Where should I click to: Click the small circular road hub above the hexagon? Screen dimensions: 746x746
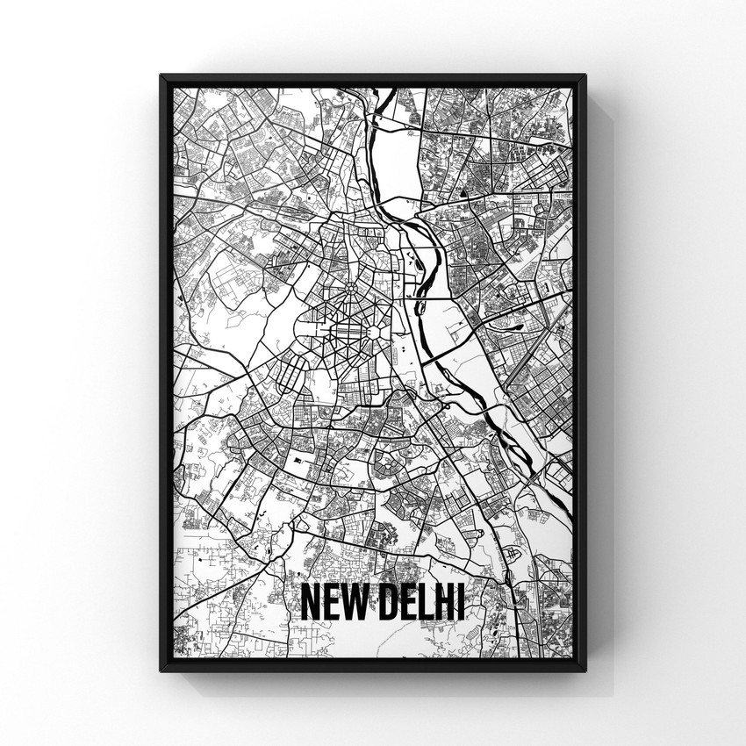point(349,287)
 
